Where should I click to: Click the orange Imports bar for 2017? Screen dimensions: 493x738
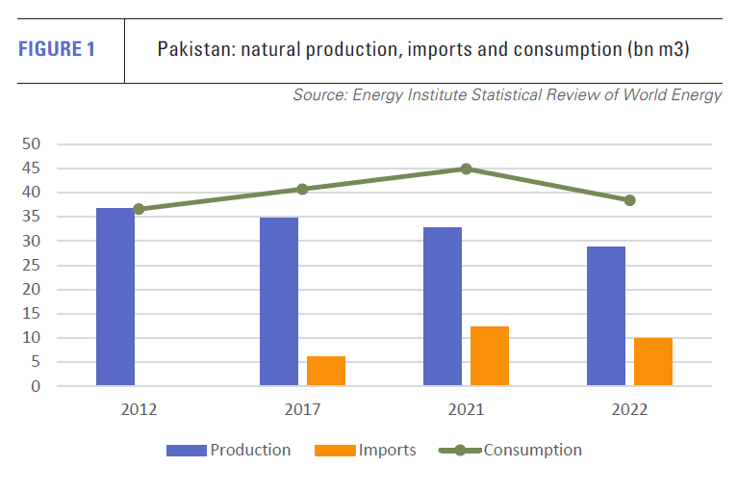coord(326,371)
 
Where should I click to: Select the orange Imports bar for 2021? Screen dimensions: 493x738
coord(490,356)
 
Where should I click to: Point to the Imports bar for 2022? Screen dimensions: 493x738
coord(653,362)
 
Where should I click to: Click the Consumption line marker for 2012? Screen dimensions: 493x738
coord(139,209)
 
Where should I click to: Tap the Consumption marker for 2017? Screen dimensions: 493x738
coord(302,189)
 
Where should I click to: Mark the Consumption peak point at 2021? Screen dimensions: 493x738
coord(466,169)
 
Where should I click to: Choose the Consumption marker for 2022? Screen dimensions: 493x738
coord(629,200)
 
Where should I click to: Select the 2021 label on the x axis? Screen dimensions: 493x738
coord(466,409)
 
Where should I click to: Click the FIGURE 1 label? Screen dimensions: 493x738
coord(57,49)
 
